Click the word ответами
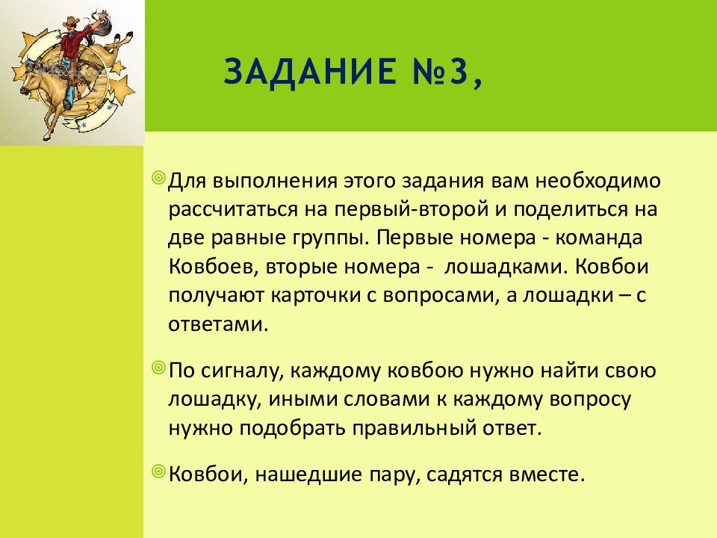(x=217, y=324)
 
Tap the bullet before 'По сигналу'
(x=158, y=368)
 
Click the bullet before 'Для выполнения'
(x=158, y=178)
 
